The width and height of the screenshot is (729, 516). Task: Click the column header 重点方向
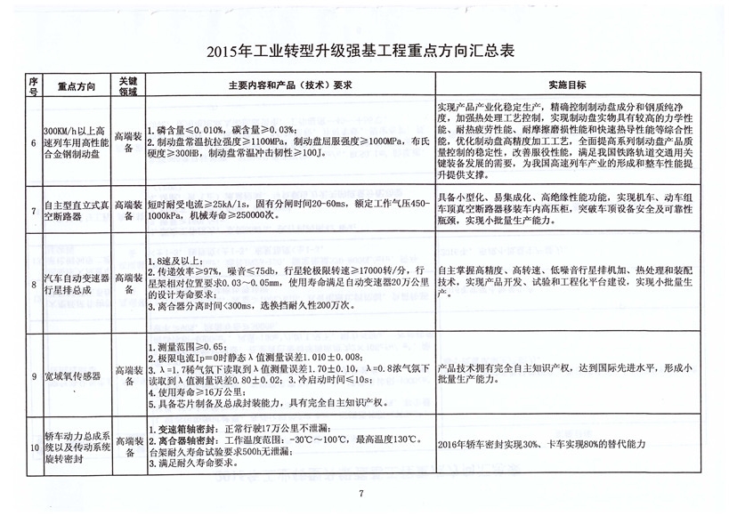click(x=77, y=85)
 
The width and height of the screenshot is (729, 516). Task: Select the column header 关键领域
click(x=128, y=85)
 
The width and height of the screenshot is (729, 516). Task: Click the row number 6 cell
click(x=34, y=141)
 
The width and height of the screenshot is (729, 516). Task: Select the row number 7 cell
click(x=34, y=212)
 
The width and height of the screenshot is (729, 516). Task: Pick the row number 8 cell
click(x=34, y=284)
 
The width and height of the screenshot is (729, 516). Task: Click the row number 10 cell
click(x=34, y=448)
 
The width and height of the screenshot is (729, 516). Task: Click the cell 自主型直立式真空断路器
click(x=77, y=212)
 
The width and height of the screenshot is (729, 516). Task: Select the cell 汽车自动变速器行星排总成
click(x=77, y=284)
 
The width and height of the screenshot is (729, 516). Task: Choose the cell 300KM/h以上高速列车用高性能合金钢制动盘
click(x=77, y=141)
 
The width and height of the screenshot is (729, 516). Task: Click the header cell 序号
click(x=34, y=85)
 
